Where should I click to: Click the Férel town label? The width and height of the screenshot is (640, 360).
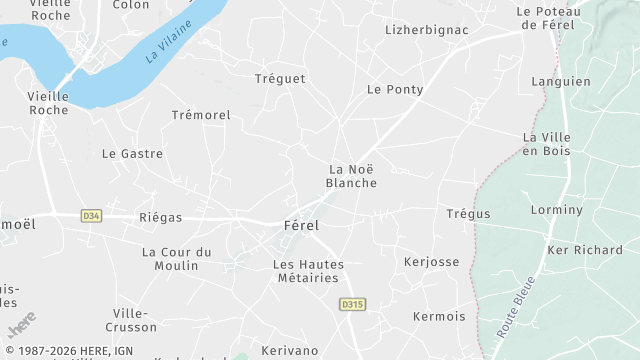coord(301,226)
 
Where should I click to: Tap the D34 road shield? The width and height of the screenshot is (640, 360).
coord(91,215)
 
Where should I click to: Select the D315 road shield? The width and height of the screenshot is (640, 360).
coord(351,304)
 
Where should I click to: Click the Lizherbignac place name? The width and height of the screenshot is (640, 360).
coord(427,30)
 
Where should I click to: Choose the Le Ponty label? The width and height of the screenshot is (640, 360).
coord(395,90)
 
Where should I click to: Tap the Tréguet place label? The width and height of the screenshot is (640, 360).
coord(280,79)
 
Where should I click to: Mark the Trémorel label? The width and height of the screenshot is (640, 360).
coord(201,116)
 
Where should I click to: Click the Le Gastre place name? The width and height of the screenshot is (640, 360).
coord(132,154)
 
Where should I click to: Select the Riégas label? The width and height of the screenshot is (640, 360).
coord(161,216)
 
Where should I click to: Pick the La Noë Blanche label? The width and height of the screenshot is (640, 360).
coord(352,176)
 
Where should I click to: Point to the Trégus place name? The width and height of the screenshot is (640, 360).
coord(468,214)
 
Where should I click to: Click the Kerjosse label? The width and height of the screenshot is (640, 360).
coord(431,262)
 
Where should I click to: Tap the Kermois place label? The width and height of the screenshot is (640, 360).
coord(439,317)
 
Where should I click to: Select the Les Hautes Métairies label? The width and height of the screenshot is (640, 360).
coord(308,271)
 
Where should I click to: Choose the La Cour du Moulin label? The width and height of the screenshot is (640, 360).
coord(177,258)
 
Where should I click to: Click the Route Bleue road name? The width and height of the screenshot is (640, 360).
coord(514,304)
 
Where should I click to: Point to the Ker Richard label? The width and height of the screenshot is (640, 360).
coord(585,250)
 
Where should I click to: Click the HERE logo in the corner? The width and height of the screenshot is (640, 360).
coord(21,326)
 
